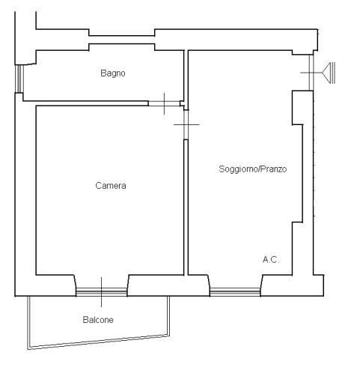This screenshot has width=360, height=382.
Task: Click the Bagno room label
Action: click(113, 73)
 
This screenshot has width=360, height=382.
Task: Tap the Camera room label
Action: click(111, 186)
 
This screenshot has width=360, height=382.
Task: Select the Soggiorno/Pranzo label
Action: click(253, 169)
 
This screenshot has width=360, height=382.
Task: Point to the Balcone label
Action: click(98, 320)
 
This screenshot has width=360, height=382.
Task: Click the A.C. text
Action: click(271, 260)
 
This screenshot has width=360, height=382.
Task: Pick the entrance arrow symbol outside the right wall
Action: click(329, 73)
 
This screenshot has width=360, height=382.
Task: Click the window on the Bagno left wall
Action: click(19, 79)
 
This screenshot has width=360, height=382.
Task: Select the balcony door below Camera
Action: click(102, 292)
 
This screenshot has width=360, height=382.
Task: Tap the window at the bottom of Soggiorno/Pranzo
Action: click(235, 292)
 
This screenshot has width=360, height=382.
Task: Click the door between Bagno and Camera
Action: click(164, 103)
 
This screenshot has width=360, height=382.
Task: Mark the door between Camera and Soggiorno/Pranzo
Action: click(186, 124)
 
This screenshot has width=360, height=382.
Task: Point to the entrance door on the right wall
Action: click(311, 73)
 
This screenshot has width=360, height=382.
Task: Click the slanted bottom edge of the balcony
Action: click(99, 342)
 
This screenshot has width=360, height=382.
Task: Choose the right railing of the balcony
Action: click(168, 316)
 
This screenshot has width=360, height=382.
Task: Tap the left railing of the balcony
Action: click(29, 322)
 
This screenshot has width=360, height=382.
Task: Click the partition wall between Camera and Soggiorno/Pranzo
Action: click(186, 207)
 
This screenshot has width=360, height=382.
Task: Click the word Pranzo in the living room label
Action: click(274, 169)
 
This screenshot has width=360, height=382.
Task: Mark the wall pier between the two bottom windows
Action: click(168, 285)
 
